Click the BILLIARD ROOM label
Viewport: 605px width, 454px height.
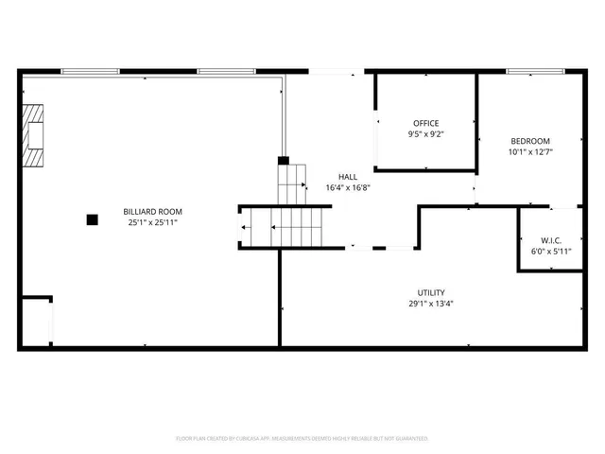[x=152, y=211]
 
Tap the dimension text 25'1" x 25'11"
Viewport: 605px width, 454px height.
[x=152, y=222]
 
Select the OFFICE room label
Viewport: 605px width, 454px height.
[x=425, y=123]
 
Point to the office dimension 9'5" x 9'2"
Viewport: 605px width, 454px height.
[x=425, y=134]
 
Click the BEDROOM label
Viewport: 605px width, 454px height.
[x=530, y=141]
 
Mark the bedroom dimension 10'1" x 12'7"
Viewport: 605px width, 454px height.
[x=530, y=151]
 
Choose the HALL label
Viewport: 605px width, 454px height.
[x=348, y=177]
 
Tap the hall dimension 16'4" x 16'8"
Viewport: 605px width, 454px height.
[x=348, y=187]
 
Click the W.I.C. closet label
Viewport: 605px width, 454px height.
[x=551, y=239]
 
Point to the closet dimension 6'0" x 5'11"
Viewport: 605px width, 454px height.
[x=551, y=251]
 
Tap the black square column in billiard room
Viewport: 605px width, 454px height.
[x=92, y=219]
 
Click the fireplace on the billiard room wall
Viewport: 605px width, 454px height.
[x=34, y=136]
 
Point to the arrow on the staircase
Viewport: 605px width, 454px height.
[x=246, y=227]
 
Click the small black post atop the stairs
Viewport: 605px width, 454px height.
[x=283, y=161]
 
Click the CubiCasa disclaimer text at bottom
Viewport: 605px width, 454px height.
[x=302, y=439]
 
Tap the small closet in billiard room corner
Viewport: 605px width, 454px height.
[x=36, y=323]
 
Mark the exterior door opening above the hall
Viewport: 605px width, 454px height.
[x=335, y=71]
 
